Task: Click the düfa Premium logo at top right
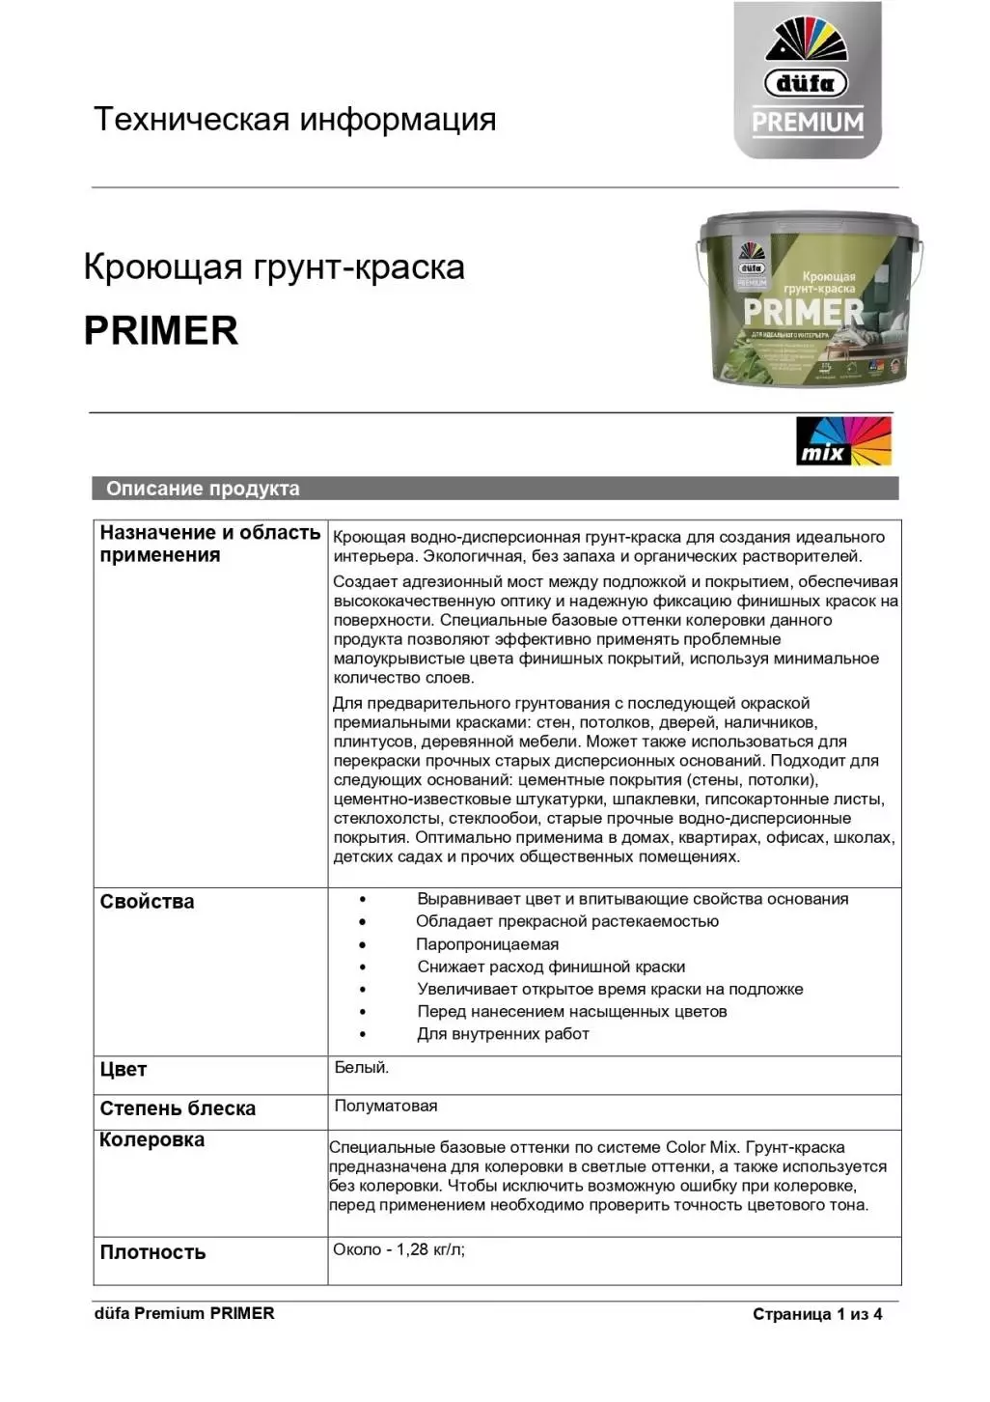(x=808, y=81)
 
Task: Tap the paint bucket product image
(x=808, y=300)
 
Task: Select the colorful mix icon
(x=843, y=441)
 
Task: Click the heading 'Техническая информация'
(x=294, y=120)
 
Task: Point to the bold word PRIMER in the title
(x=161, y=330)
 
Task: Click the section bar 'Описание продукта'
(x=203, y=489)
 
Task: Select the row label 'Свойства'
(x=147, y=902)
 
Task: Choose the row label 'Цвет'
(x=124, y=1070)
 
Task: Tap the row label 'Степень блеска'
(x=178, y=1108)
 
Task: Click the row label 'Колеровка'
(x=151, y=1140)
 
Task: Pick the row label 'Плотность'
(x=152, y=1252)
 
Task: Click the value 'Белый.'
(x=362, y=1068)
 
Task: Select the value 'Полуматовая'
(x=386, y=1107)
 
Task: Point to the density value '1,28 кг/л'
(x=430, y=1249)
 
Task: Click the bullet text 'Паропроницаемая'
(x=487, y=944)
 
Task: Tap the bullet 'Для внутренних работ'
(x=503, y=1034)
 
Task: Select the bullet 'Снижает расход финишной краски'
(x=551, y=967)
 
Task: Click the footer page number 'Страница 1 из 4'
(x=817, y=1314)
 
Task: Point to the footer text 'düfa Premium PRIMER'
(x=184, y=1313)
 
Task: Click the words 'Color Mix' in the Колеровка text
(x=701, y=1147)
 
